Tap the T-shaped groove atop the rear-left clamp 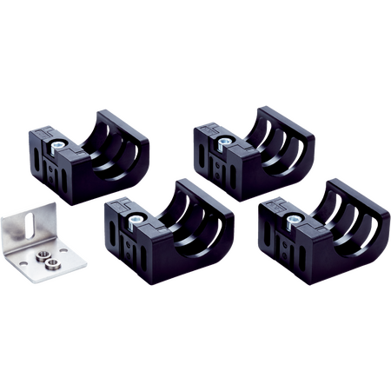click(46, 133)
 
